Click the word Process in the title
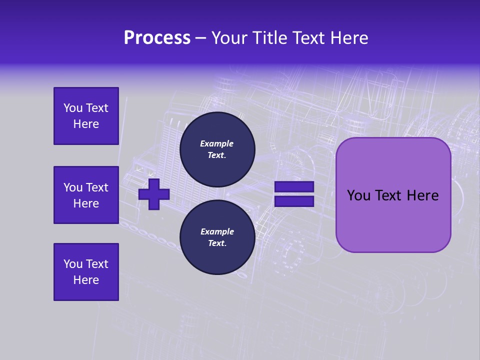pyautogui.click(x=157, y=38)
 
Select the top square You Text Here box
pyautogui.click(x=86, y=116)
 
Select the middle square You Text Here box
pyautogui.click(x=86, y=195)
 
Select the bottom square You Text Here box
pyautogui.click(x=86, y=272)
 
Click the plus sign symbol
pyautogui.click(x=154, y=194)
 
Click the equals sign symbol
pyautogui.click(x=294, y=194)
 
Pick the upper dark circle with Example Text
pyautogui.click(x=217, y=149)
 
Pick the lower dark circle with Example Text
pyautogui.click(x=217, y=237)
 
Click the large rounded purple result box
pyautogui.click(x=393, y=195)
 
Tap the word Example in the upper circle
pyautogui.click(x=217, y=143)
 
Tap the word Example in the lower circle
pyautogui.click(x=217, y=231)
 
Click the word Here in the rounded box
pyautogui.click(x=422, y=195)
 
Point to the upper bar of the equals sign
pyautogui.click(x=294, y=187)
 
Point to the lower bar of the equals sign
pyautogui.click(x=294, y=201)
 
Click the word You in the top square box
pyautogui.click(x=73, y=108)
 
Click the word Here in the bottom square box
pyautogui.click(x=86, y=280)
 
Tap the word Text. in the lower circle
pyautogui.click(x=217, y=243)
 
